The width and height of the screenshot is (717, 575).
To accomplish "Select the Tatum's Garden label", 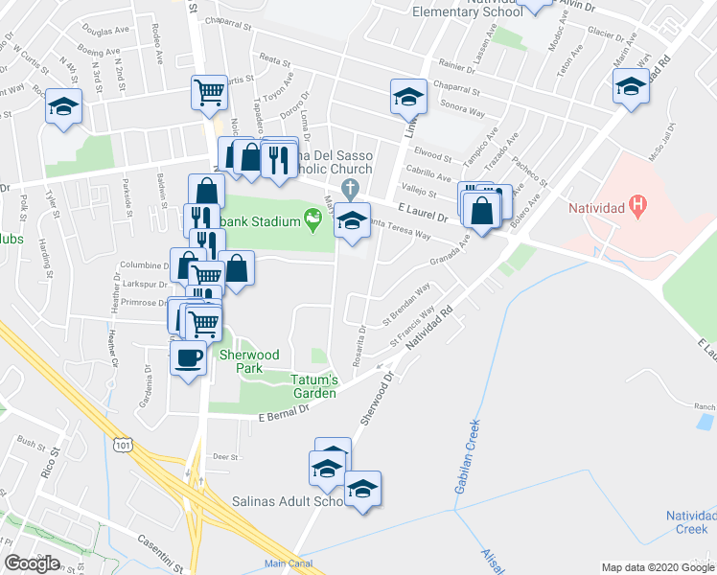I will point(313,385).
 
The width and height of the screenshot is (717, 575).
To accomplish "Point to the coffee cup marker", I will point(188,358).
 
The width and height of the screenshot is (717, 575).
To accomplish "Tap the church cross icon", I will point(351,186).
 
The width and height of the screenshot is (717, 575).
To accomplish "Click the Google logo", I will point(32,563).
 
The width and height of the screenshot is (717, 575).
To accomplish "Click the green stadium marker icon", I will point(313,221).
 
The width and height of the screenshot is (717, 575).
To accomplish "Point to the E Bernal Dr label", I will point(283,412).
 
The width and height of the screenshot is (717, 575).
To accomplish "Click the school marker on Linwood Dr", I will point(407,96).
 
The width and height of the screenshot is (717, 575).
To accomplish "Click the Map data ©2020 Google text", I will point(657,567).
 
